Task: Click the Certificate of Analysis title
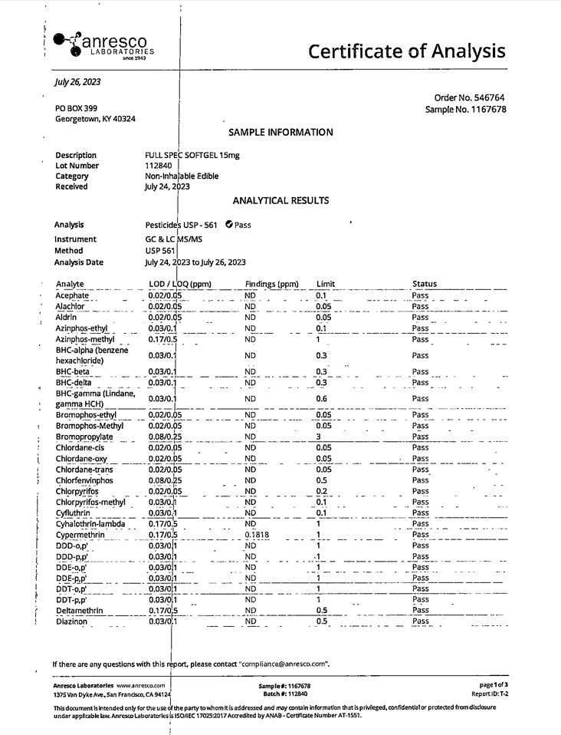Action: pyautogui.click(x=406, y=51)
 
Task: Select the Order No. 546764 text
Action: pyautogui.click(x=469, y=97)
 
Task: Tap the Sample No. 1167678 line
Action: pyautogui.click(x=465, y=110)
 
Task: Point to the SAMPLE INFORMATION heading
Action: pyautogui.click(x=280, y=132)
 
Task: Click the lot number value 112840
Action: pyautogui.click(x=159, y=166)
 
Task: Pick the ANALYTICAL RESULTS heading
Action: pyautogui.click(x=280, y=200)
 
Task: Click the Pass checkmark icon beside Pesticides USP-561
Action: pyautogui.click(x=229, y=225)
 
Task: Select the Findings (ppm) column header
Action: pyautogui.click(x=271, y=284)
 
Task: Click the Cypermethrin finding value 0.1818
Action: pyautogui.click(x=258, y=535)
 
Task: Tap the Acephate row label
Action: pyautogui.click(x=72, y=295)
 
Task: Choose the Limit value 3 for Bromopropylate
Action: pyautogui.click(x=318, y=437)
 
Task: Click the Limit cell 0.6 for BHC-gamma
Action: pyautogui.click(x=322, y=399)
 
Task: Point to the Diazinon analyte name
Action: pyautogui.click(x=71, y=621)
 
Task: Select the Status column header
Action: pyautogui.click(x=424, y=284)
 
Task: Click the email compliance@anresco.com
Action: pyautogui.click(x=284, y=664)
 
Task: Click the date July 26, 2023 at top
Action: pyautogui.click(x=77, y=82)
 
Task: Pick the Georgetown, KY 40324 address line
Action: pyautogui.click(x=95, y=119)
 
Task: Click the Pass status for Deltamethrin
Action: pyautogui.click(x=420, y=611)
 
